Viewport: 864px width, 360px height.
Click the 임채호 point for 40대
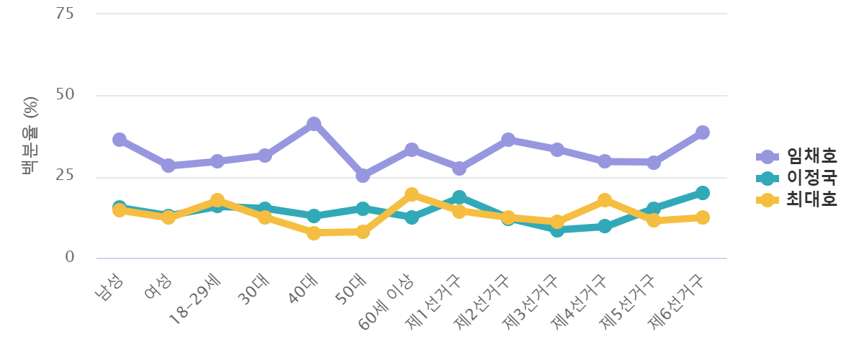(314, 124)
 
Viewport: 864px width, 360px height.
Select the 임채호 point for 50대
(363, 175)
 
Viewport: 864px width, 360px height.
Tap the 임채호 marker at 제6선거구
(703, 132)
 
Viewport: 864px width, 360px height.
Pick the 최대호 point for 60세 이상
(412, 194)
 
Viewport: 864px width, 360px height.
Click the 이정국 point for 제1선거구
(459, 197)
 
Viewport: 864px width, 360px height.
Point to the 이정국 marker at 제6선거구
(703, 193)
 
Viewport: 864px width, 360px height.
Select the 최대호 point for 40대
(314, 233)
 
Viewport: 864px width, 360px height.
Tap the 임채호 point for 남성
(120, 140)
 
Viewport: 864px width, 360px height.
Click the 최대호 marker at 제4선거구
(605, 200)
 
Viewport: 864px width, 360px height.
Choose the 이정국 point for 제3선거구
(557, 230)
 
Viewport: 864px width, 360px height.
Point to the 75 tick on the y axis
(66, 14)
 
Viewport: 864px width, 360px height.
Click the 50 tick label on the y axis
(66, 95)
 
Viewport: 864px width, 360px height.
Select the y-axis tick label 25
(66, 176)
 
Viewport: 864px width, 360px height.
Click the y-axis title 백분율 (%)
(30, 136)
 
